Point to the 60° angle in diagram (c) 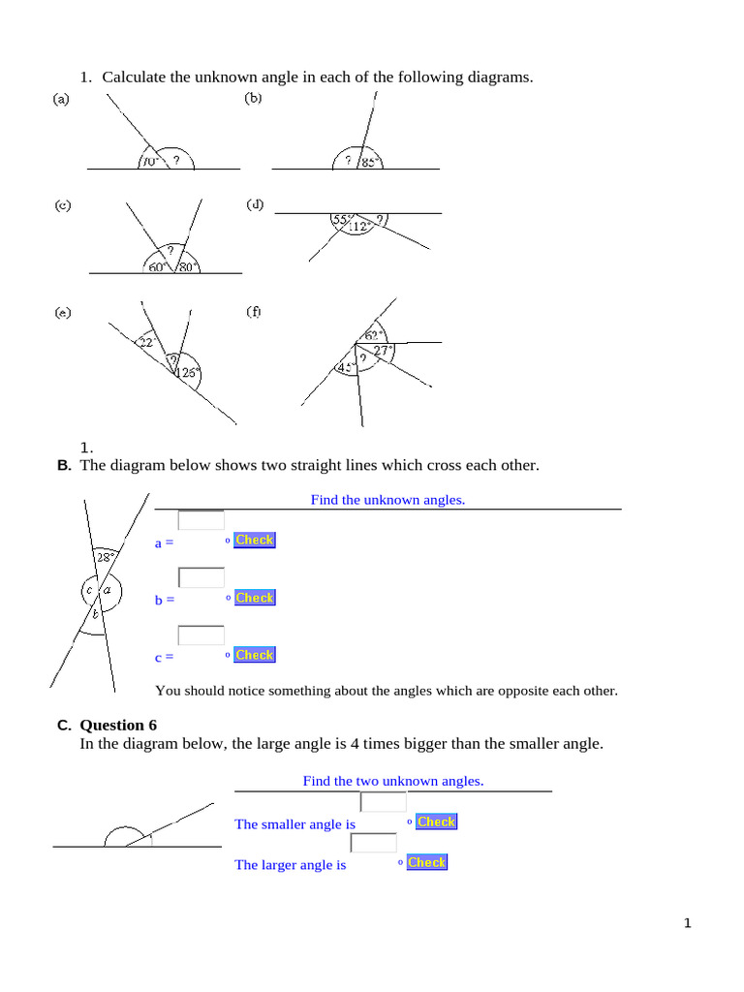point(158,266)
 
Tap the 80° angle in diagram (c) point(188,266)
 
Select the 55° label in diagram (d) point(341,220)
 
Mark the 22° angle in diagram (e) point(146,342)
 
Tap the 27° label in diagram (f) point(384,351)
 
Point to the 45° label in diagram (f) point(344,367)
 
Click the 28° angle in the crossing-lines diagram point(105,556)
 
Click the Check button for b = point(255,598)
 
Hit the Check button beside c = point(255,655)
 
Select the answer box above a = point(201,520)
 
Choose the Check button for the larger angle point(426,862)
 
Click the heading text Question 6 point(118,725)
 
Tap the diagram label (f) point(254,312)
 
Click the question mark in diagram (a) point(176,162)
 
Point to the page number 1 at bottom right point(688,924)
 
